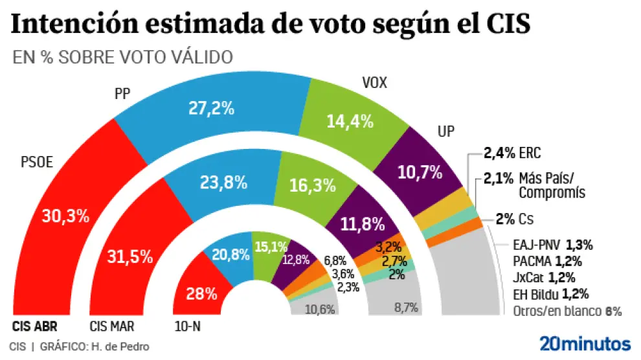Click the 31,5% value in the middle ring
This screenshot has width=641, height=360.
coord(130,256)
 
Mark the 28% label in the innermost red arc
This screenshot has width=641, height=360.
coord(202,294)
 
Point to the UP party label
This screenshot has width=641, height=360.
coord(446,131)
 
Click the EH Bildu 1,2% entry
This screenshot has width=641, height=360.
coord(549,294)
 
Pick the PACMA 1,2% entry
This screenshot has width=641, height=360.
coord(548,262)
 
